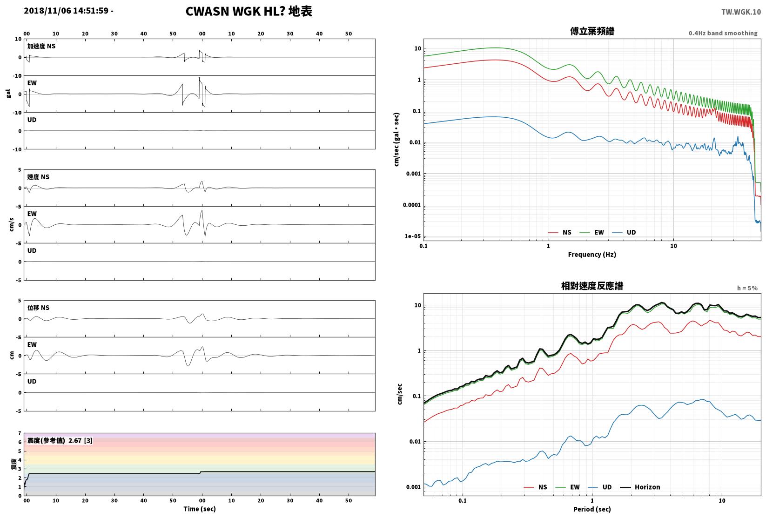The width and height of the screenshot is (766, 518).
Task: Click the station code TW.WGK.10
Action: tap(741, 12)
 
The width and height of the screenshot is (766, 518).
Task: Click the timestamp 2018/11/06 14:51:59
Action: tap(66, 11)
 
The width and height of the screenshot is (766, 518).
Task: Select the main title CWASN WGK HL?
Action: tap(235, 11)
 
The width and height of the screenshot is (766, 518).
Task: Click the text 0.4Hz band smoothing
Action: tap(723, 33)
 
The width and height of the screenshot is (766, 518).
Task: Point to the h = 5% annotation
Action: tap(747, 288)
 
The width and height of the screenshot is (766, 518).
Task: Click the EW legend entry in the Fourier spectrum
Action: tap(592, 232)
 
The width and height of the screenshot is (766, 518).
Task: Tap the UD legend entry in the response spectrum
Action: tap(600, 487)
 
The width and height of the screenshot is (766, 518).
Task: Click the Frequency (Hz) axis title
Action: tap(592, 255)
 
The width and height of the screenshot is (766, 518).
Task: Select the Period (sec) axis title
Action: tap(592, 509)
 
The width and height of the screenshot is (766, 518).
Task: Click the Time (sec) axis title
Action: tap(200, 509)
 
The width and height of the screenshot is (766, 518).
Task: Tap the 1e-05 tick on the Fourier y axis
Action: tap(412, 236)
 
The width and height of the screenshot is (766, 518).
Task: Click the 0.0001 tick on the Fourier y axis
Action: tap(412, 205)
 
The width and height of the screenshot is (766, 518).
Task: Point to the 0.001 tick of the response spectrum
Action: tap(413, 487)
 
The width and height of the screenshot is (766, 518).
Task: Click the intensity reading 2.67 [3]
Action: tap(81, 440)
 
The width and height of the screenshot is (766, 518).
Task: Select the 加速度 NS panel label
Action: tap(41, 46)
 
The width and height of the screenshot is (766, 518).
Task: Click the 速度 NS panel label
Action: tap(38, 177)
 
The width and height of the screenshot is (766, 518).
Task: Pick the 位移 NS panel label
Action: tap(38, 308)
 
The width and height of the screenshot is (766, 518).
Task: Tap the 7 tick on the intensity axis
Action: tap(20, 433)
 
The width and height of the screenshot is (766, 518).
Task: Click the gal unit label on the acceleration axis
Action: tap(8, 94)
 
